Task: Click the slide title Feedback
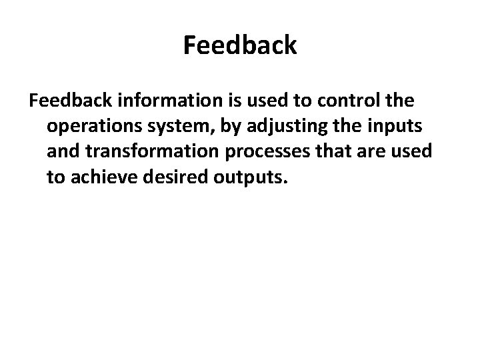click(x=240, y=46)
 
